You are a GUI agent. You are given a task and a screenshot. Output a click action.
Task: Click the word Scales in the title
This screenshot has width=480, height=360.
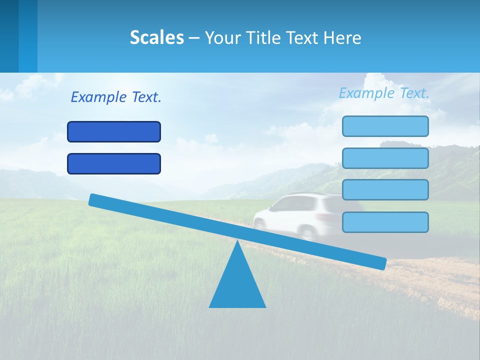point(156,37)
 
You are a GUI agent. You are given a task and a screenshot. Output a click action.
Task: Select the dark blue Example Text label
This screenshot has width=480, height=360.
point(116,97)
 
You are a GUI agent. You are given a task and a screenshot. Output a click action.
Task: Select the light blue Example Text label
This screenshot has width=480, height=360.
point(384,93)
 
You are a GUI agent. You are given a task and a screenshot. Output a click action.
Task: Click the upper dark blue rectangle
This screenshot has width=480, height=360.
point(114,131)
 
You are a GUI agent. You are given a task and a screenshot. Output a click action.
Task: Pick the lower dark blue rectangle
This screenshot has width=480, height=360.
point(114,163)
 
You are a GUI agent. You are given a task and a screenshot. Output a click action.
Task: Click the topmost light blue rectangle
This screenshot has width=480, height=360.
point(385,126)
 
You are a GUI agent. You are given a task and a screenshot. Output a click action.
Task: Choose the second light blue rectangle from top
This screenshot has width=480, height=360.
point(385,158)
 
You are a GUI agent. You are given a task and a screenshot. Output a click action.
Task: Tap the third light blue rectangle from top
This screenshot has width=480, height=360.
point(385,190)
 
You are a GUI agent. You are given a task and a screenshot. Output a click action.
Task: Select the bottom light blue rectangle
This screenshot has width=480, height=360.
point(385,222)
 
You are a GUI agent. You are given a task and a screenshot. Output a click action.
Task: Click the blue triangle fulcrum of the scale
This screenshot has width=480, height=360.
point(237,285)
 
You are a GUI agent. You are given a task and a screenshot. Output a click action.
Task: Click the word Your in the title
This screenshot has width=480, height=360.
point(223,37)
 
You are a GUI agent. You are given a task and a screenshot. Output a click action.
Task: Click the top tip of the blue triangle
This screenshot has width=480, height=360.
point(237,242)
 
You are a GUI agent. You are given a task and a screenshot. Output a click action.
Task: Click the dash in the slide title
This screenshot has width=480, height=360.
point(194,38)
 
